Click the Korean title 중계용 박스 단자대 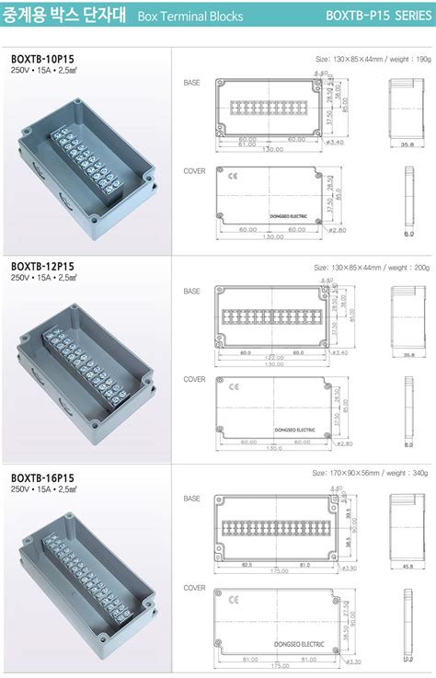pyautogui.click(x=64, y=16)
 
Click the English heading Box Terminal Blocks pyautogui.click(x=190, y=17)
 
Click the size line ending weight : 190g pyautogui.click(x=373, y=58)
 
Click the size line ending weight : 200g pyautogui.click(x=373, y=269)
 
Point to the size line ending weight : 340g pyautogui.click(x=373, y=473)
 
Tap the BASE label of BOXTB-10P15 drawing pyautogui.click(x=191, y=83)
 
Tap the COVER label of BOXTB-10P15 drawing pyautogui.click(x=194, y=171)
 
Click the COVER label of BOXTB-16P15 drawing pyautogui.click(x=194, y=588)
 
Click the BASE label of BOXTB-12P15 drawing pyautogui.click(x=191, y=292)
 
